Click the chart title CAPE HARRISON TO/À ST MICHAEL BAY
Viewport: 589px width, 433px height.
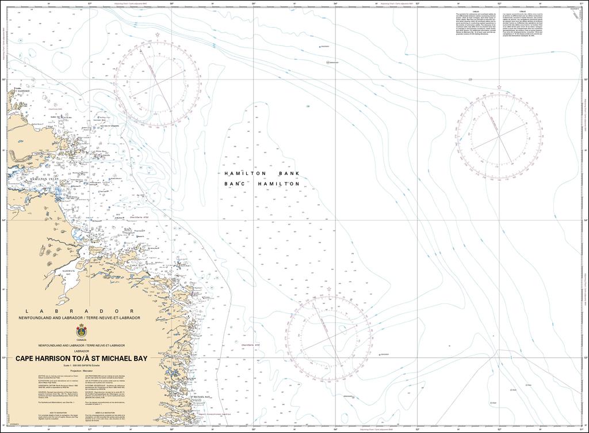[x=81, y=358]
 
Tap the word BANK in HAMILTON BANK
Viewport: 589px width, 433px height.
[x=289, y=173]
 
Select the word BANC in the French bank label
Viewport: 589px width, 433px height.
[x=235, y=184]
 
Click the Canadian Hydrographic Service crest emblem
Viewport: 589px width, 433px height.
[x=81, y=332]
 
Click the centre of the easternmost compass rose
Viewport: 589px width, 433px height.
[x=499, y=135]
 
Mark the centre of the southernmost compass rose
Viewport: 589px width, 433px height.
[x=328, y=338]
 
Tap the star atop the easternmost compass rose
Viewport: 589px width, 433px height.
[x=499, y=88]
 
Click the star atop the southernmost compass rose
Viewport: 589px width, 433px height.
[x=328, y=290]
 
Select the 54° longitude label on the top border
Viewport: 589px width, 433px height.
[x=335, y=3]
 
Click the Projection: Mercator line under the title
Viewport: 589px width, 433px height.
[x=81, y=371]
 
